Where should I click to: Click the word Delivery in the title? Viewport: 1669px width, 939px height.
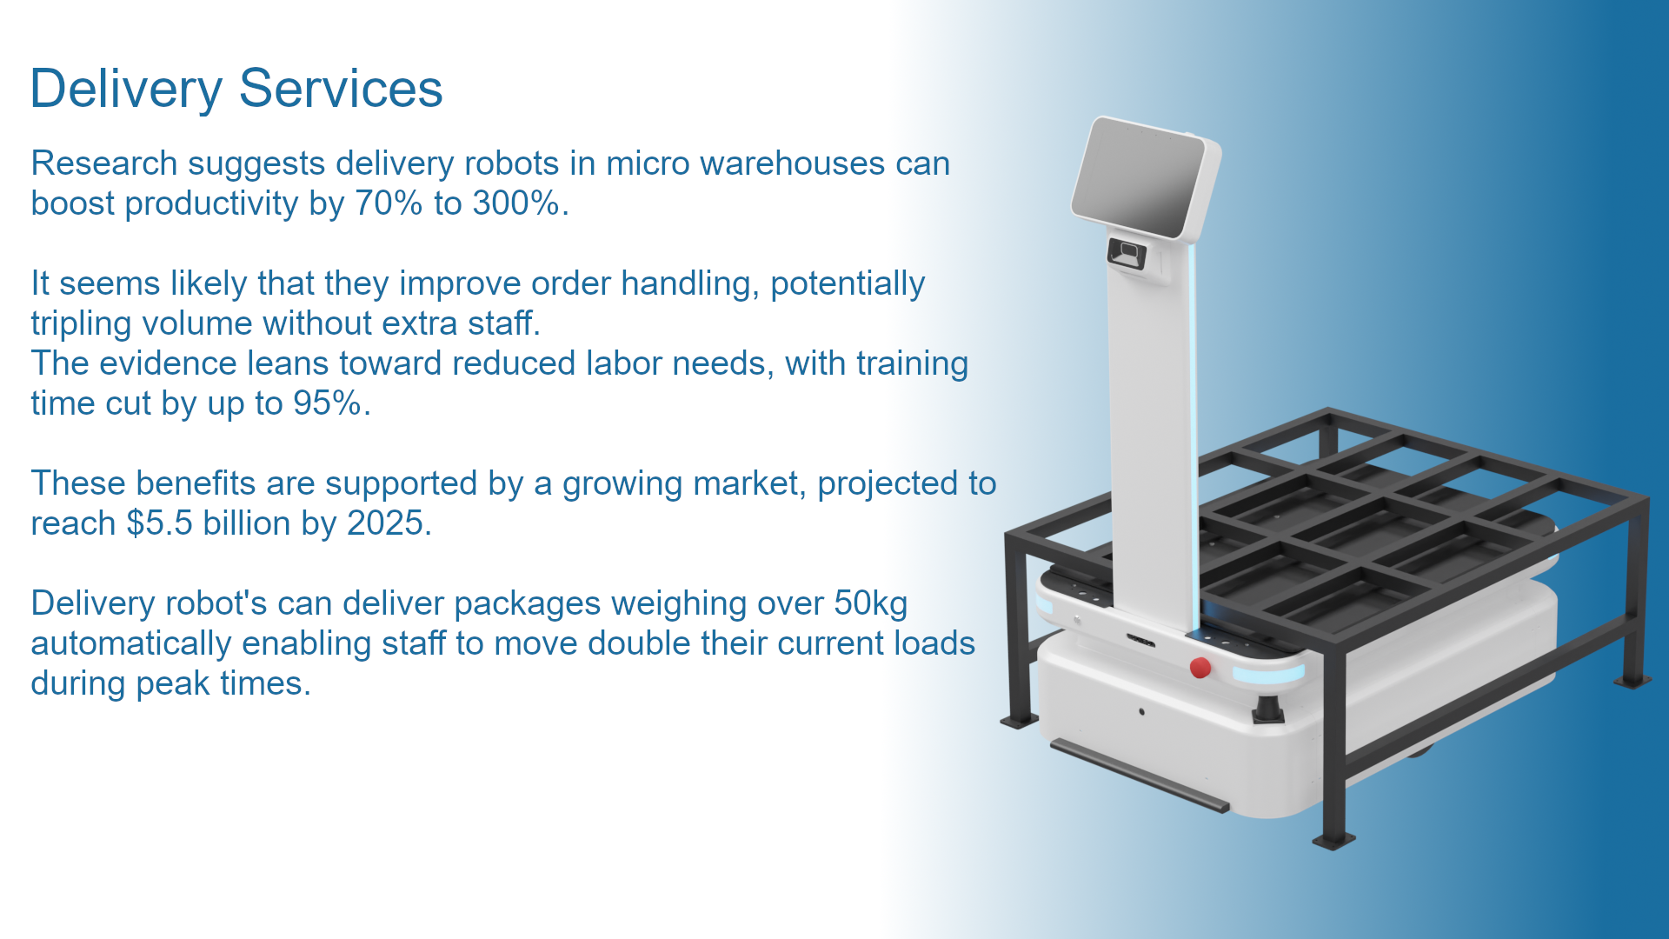pyautogui.click(x=127, y=90)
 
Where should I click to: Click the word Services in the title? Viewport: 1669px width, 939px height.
pyautogui.click(x=341, y=89)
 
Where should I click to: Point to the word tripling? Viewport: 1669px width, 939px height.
pyautogui.click(x=81, y=324)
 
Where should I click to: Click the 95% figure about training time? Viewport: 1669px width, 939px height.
pyautogui.click(x=327, y=403)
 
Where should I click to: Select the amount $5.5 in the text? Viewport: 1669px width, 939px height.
pyautogui.click(x=160, y=523)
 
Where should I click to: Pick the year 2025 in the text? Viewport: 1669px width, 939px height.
pyautogui.click(x=385, y=523)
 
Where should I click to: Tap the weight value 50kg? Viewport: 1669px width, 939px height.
pyautogui.click(x=871, y=603)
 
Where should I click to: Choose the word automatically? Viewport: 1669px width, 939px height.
pyautogui.click(x=130, y=644)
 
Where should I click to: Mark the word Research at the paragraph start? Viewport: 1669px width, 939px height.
pyautogui.click(x=104, y=163)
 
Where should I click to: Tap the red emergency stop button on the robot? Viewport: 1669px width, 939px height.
pyautogui.click(x=1200, y=668)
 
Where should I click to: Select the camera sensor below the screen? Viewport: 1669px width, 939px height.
pyautogui.click(x=1127, y=253)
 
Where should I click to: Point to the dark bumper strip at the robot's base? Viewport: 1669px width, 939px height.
pyautogui.click(x=1140, y=776)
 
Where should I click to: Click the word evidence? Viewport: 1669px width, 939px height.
pyautogui.click(x=166, y=363)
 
